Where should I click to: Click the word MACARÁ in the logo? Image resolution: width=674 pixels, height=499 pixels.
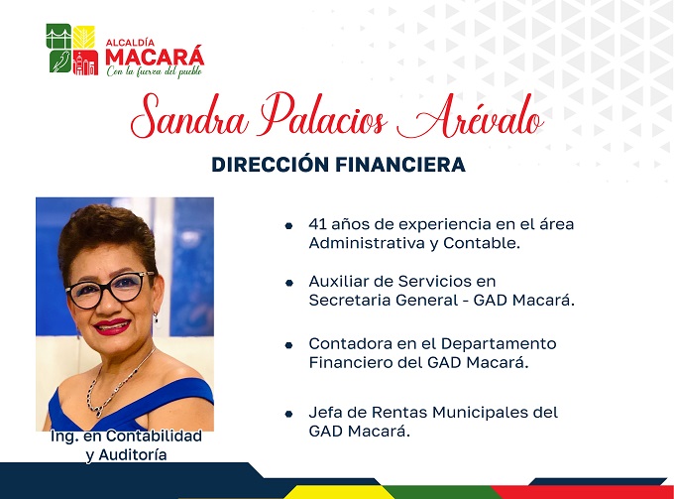[155, 57]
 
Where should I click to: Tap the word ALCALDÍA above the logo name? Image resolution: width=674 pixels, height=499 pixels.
[130, 43]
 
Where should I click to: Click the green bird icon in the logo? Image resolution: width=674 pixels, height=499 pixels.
[59, 62]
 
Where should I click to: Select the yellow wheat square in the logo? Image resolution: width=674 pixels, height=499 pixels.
[83, 37]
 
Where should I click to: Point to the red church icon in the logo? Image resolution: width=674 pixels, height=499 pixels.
[85, 62]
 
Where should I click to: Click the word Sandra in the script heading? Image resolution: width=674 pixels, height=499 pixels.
[189, 116]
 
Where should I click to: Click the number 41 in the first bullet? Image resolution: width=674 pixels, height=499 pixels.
[317, 224]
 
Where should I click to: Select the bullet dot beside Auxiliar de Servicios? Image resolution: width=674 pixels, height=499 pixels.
[289, 283]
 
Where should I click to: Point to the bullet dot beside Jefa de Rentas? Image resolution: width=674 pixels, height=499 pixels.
[288, 414]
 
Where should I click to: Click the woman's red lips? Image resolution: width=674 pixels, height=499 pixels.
[112, 326]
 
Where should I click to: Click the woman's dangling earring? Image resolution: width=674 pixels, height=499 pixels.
[156, 318]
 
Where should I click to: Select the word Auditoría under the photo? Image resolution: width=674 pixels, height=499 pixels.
[133, 454]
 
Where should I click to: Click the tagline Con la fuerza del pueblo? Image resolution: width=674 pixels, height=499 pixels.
[155, 71]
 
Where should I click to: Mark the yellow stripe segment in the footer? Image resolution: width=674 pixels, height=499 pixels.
[335, 492]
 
